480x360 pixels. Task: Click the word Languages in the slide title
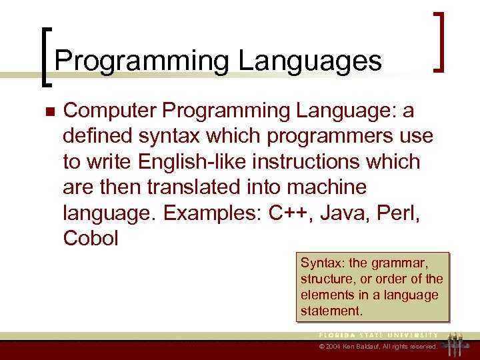point(309,61)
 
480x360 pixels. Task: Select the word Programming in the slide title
point(142,61)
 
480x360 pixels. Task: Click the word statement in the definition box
point(329,311)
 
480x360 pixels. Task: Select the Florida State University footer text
point(377,335)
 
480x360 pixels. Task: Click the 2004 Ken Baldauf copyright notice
point(378,347)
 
